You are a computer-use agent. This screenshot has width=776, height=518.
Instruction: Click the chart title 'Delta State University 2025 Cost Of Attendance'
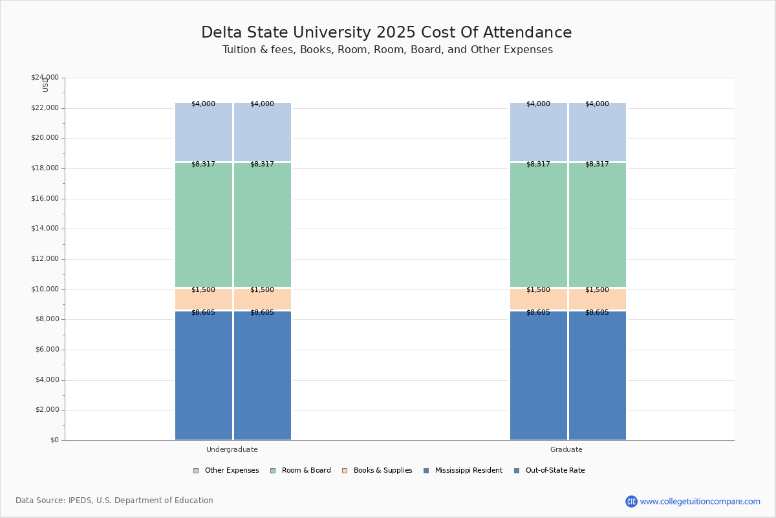[386, 33]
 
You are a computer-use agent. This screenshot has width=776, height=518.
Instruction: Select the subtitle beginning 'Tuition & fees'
[387, 50]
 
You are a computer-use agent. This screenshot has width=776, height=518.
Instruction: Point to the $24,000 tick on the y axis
[45, 78]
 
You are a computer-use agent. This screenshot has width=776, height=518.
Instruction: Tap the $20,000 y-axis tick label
[45, 138]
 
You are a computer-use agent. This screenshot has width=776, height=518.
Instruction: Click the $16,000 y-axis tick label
[45, 199]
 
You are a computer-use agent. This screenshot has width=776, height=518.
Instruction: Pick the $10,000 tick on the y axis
[45, 289]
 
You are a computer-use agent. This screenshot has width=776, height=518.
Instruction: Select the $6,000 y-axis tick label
[47, 350]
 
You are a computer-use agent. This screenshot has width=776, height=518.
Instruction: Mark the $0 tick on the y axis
[54, 440]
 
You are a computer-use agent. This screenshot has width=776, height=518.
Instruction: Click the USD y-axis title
[45, 85]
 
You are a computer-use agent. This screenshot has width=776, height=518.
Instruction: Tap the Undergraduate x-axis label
[232, 449]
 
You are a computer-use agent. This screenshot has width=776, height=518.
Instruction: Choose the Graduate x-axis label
[566, 449]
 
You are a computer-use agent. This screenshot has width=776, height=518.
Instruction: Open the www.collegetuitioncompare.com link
[700, 501]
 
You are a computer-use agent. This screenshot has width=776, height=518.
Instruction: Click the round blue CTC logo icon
[631, 501]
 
